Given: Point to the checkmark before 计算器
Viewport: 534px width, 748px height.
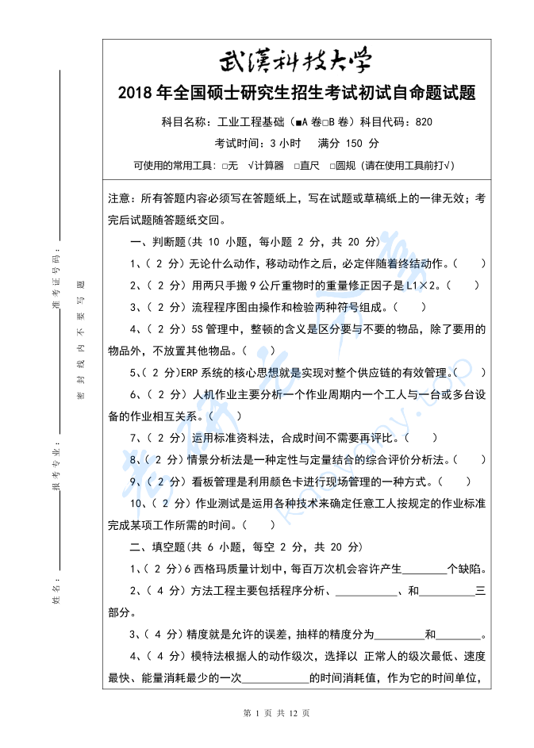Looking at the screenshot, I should [251, 165].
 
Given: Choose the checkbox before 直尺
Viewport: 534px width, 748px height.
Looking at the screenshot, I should [296, 165].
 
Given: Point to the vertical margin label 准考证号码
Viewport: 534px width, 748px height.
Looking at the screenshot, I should [56, 277].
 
